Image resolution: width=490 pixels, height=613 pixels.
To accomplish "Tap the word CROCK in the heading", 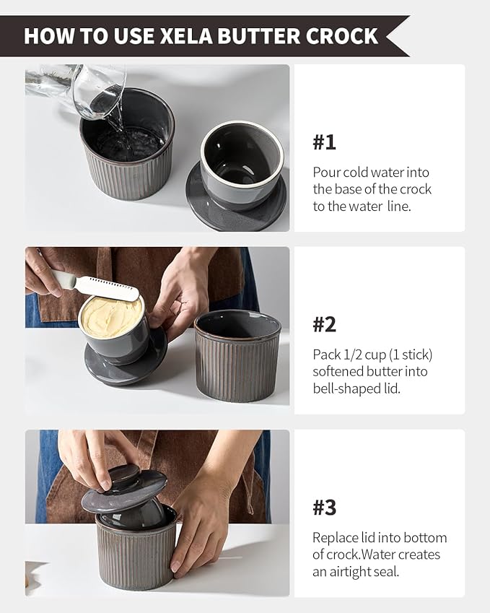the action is (342, 36).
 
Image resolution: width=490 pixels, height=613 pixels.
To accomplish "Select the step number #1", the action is (324, 142).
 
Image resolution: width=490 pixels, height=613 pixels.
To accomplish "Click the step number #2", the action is (324, 324).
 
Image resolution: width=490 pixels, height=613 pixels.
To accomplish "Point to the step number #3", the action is (324, 508).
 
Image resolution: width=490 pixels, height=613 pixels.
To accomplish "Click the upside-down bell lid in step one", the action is (237, 172).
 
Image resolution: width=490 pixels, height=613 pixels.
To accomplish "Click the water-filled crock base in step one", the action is (128, 144).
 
